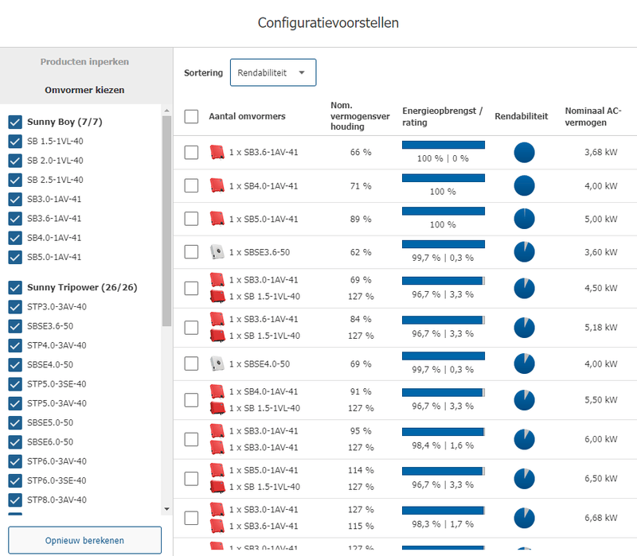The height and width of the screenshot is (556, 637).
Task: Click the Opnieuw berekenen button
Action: (85, 540)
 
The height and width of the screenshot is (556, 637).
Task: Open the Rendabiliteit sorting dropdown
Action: (272, 72)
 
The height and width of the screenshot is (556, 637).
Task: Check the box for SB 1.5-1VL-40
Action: (14, 142)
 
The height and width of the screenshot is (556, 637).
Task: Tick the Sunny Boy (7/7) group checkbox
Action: (14, 122)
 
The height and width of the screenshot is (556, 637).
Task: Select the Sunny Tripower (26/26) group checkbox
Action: (14, 287)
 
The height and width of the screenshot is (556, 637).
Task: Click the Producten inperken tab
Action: (84, 61)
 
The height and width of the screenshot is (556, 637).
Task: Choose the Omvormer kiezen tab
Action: (84, 90)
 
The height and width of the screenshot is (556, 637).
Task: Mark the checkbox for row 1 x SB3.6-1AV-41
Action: (191, 152)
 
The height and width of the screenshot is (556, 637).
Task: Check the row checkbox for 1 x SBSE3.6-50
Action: (191, 251)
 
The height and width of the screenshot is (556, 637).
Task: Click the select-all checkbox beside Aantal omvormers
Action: (191, 116)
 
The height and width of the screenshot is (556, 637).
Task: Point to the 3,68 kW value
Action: (600, 152)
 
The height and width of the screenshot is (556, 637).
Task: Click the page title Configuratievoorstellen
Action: (328, 22)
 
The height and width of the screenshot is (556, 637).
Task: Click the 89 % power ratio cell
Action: (361, 219)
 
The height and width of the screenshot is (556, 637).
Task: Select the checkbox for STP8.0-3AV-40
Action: (14, 500)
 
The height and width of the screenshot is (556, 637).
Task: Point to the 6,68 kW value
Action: (600, 518)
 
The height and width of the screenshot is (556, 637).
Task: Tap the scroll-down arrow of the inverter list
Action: (166, 508)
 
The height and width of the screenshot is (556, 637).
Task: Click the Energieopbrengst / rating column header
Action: (442, 116)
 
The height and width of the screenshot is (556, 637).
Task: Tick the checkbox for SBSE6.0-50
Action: (14, 441)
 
